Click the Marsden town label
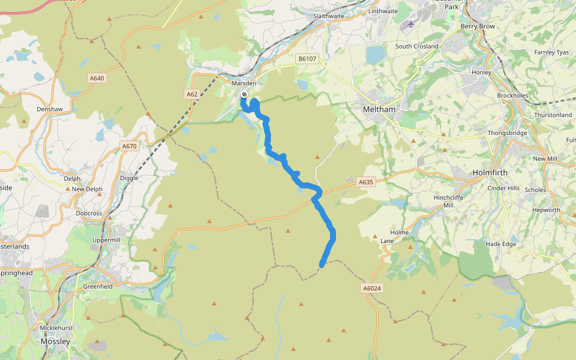click(244, 83)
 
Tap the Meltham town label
click(379, 109)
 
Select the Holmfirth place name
click(490, 172)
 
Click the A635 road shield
click(365, 182)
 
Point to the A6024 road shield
click(372, 289)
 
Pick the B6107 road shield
click(307, 59)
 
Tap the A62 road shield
click(192, 94)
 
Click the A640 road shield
click(97, 78)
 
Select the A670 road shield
click(129, 146)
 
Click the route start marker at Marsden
click(244, 95)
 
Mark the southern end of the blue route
click(322, 264)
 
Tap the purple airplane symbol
click(410, 24)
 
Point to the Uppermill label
click(106, 240)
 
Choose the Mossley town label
click(55, 341)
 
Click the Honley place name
click(481, 73)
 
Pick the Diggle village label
click(129, 178)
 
